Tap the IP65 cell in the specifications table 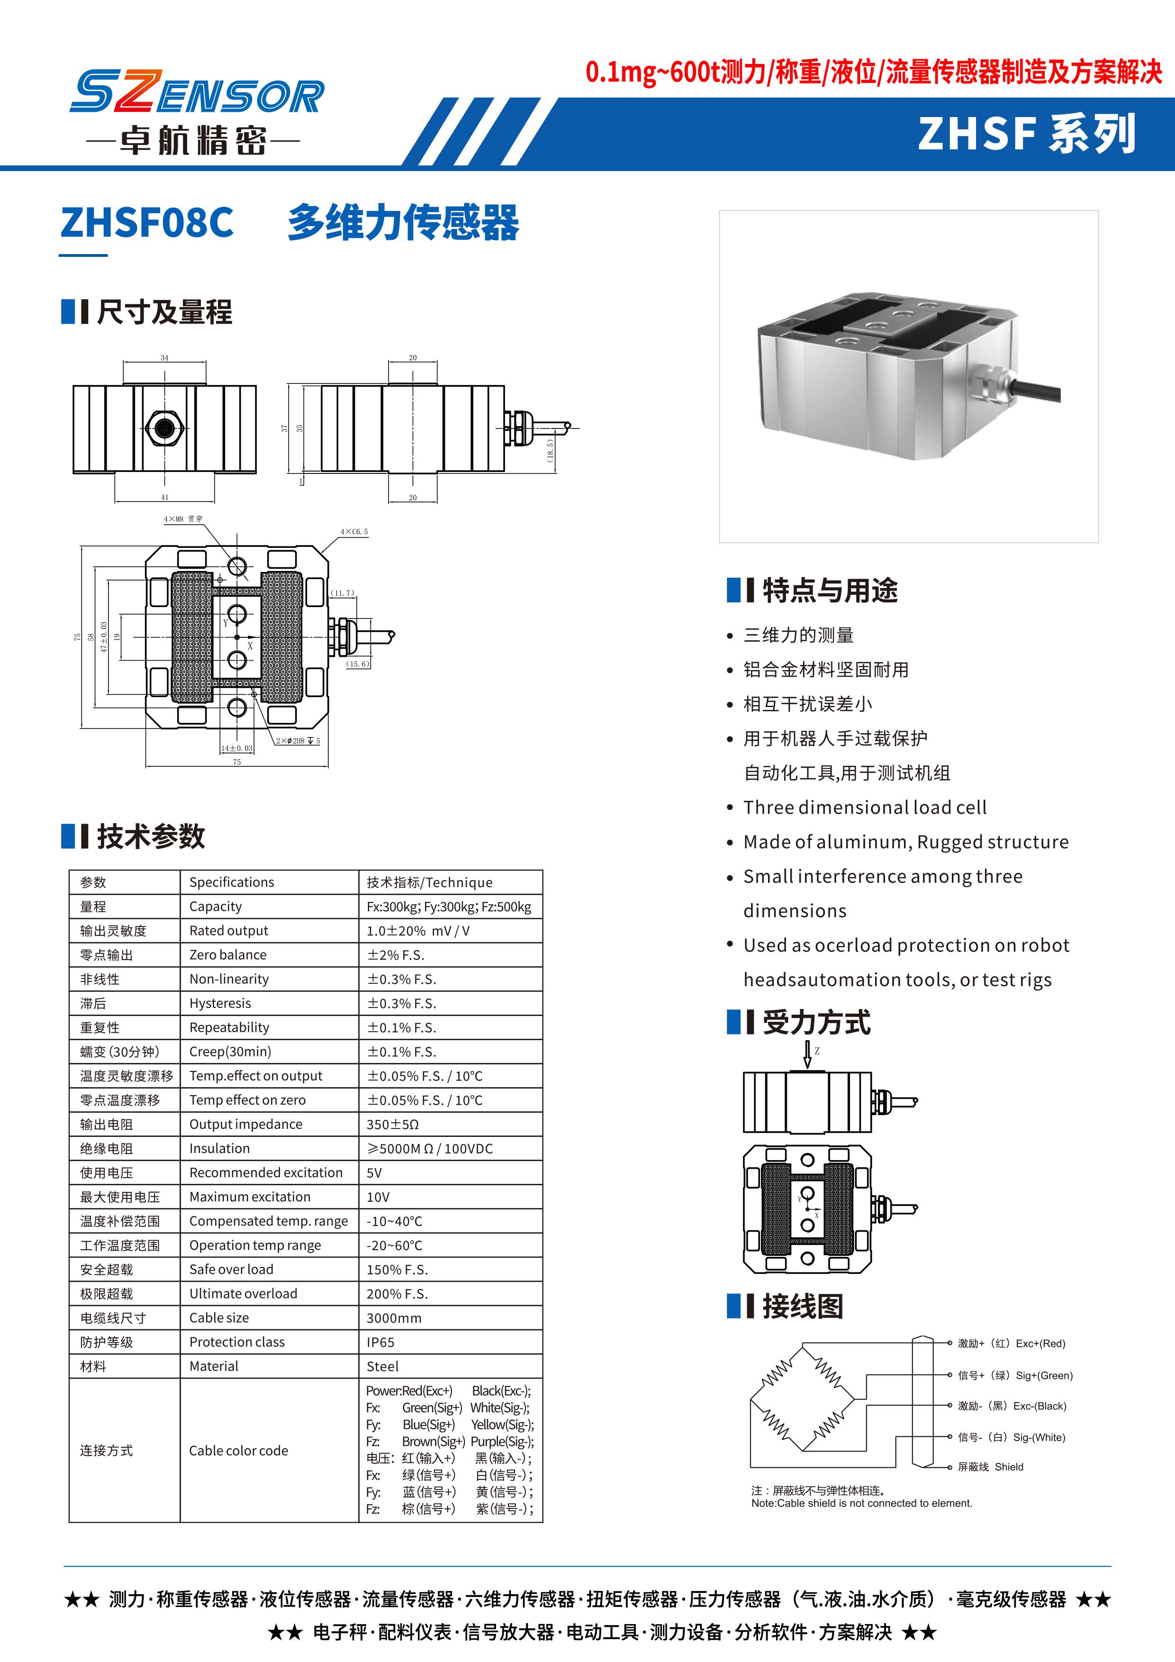[380, 1342]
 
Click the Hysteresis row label [220, 1003]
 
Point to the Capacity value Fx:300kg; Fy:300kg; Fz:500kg [449, 906]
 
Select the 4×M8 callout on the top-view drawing [183, 519]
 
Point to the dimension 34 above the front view [164, 358]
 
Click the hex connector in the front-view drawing [165, 428]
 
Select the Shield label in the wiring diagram [1009, 1467]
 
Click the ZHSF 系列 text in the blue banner [1027, 135]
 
